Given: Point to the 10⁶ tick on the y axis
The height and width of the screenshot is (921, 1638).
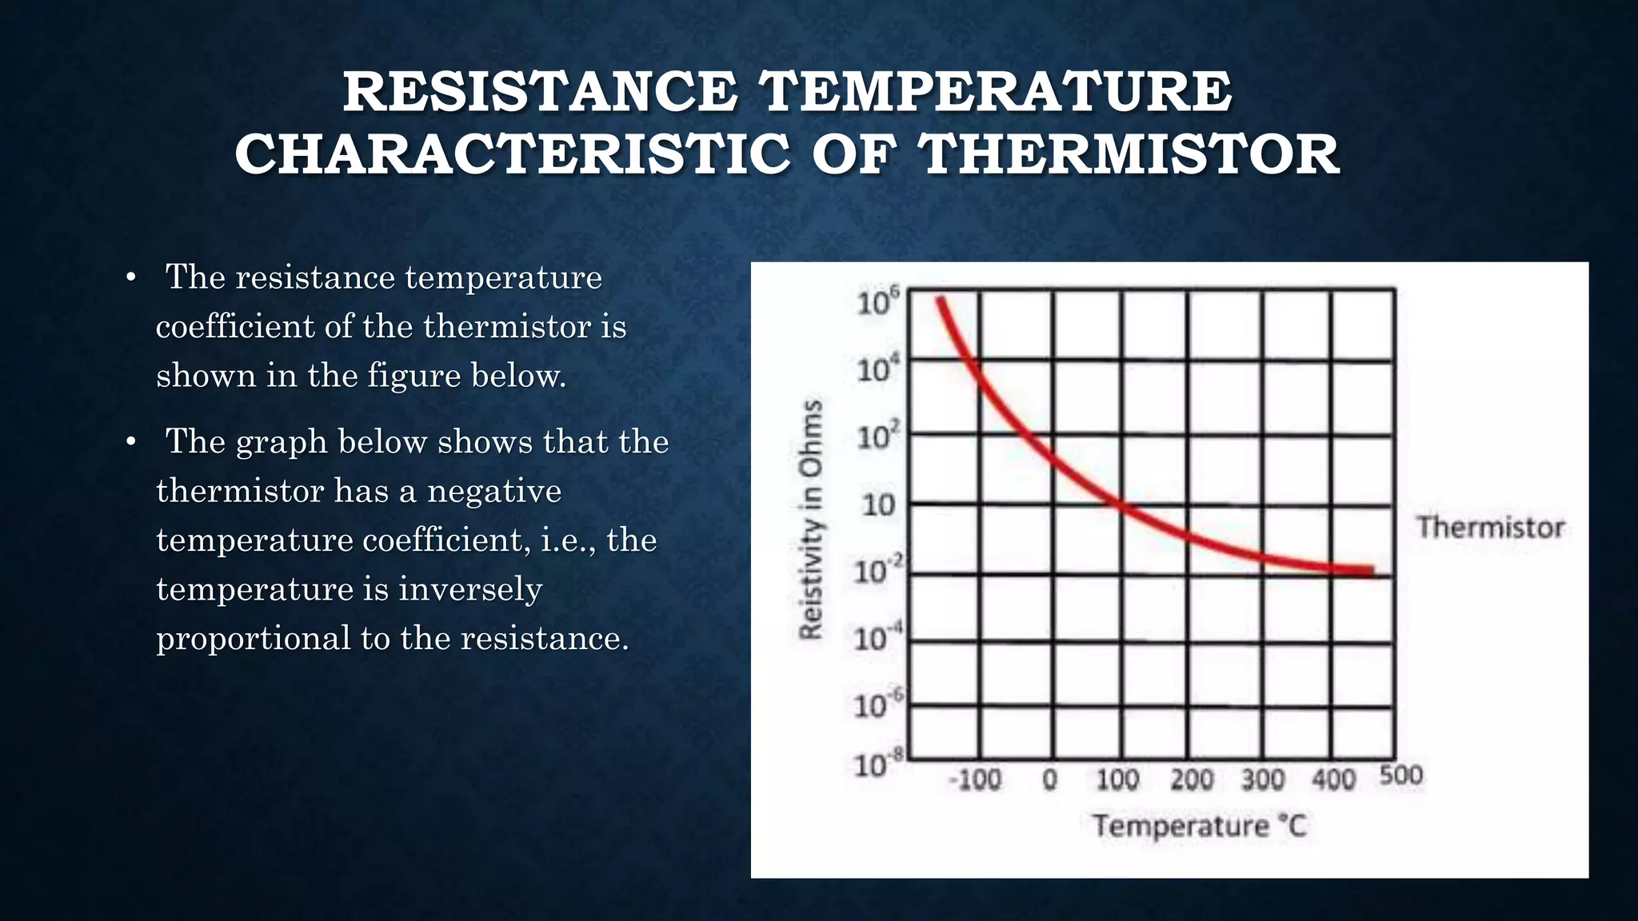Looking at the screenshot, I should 877,302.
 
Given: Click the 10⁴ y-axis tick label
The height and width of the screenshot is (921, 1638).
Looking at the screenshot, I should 877,370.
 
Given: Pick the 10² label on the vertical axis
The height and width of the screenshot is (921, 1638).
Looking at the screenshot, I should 877,437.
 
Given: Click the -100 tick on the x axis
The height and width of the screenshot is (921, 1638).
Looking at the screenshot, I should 975,779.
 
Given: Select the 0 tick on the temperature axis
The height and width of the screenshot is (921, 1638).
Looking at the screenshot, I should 1050,779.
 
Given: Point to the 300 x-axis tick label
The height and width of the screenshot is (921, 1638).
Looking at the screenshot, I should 1263,779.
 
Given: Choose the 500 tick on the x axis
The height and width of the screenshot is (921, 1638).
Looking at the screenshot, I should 1401,775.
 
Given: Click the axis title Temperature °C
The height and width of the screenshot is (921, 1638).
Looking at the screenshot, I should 1200,825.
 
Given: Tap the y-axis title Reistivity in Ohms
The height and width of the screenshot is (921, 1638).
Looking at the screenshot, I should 811,520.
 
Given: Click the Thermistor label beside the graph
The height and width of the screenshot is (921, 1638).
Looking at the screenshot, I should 1490,528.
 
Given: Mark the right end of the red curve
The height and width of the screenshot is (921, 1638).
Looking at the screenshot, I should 1371,571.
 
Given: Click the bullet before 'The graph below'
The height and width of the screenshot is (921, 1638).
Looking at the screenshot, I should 131,442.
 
